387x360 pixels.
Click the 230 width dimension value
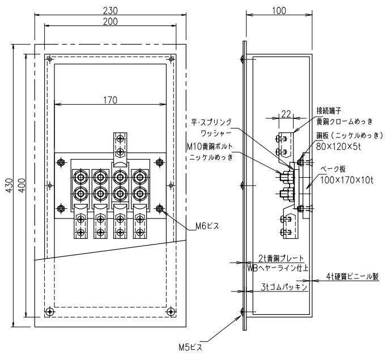[110, 10]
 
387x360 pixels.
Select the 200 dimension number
[110, 22]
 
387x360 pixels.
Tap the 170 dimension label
[110, 100]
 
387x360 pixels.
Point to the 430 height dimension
[10, 186]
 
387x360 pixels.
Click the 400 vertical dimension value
[22, 186]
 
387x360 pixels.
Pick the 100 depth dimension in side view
[279, 11]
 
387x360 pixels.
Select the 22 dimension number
[286, 114]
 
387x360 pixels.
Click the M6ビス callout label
[207, 226]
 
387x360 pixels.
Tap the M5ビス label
[190, 348]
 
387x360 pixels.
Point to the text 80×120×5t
[338, 147]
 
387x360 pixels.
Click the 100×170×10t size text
[347, 180]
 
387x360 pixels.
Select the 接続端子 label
[329, 111]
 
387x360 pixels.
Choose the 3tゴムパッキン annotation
[284, 287]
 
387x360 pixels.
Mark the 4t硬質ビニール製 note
[352, 277]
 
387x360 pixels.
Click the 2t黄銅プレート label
[281, 259]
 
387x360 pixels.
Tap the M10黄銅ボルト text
[210, 147]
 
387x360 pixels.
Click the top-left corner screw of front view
[50, 59]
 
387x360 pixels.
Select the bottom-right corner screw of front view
[171, 312]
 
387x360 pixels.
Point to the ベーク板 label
[333, 169]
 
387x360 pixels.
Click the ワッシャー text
[216, 134]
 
